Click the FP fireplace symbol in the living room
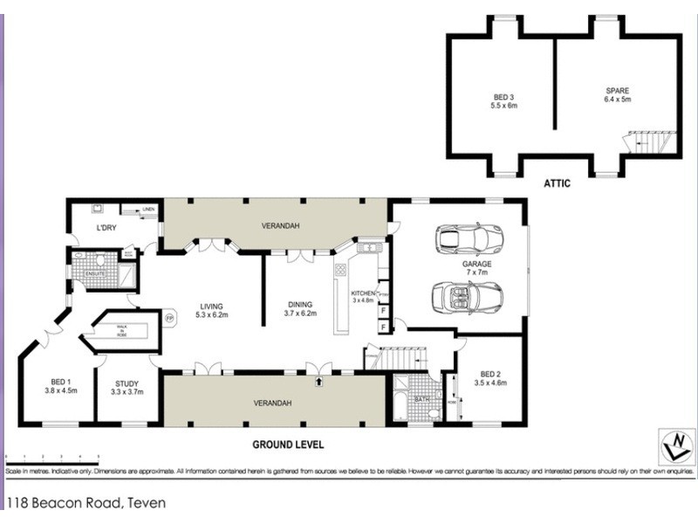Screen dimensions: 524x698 pos(170,319)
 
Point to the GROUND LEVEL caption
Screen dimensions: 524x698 pos(288,445)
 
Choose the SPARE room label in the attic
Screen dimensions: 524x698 pos(618,94)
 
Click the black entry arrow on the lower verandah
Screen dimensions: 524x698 pos(319,381)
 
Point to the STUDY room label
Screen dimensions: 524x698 pos(127,386)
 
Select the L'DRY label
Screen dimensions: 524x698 pos(106,229)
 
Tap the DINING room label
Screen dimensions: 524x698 pos(299,307)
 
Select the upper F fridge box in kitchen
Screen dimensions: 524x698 pos(384,310)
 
